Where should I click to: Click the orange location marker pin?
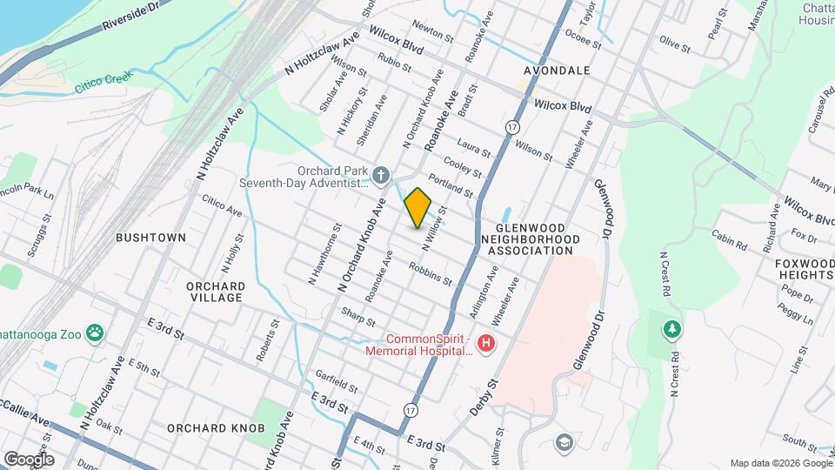417,208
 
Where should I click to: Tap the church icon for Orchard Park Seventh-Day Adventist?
379,177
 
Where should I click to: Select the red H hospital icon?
486,345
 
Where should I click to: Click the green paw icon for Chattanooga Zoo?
94,332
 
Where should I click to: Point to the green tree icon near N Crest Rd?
671,329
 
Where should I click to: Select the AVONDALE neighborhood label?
558,70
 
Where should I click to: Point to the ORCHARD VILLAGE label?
215,292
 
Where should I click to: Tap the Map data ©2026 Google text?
780,462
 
